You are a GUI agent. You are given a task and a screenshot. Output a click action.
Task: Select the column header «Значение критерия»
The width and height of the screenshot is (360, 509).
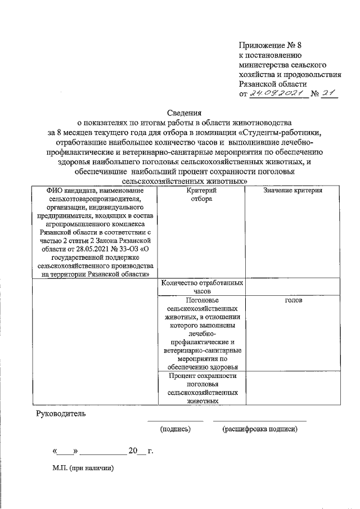[292, 192]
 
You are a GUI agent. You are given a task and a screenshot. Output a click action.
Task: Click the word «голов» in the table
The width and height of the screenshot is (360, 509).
[293, 300]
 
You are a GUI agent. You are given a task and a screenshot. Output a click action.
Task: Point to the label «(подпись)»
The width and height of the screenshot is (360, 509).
[175, 430]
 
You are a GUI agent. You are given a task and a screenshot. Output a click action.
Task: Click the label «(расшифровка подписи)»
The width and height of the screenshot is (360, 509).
[259, 430]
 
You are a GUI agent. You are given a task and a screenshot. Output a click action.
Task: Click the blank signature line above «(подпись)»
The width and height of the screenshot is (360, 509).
[175, 420]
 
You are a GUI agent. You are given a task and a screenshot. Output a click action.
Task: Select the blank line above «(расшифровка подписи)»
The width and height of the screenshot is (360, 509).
[259, 420]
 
